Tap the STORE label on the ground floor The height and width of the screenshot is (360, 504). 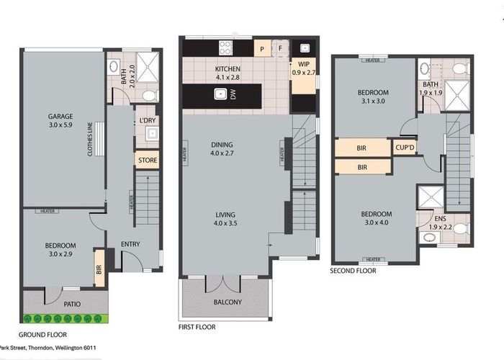147,160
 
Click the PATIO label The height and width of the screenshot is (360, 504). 71,304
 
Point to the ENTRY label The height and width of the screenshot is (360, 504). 130,244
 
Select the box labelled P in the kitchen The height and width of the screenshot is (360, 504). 262,49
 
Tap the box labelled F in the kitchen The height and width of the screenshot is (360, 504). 280,49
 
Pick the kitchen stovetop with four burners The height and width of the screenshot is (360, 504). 225,48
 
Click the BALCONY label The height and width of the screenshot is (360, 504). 228,302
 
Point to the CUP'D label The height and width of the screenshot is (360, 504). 405,148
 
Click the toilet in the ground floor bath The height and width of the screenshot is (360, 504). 149,95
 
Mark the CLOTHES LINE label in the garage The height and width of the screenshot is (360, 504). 91,140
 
